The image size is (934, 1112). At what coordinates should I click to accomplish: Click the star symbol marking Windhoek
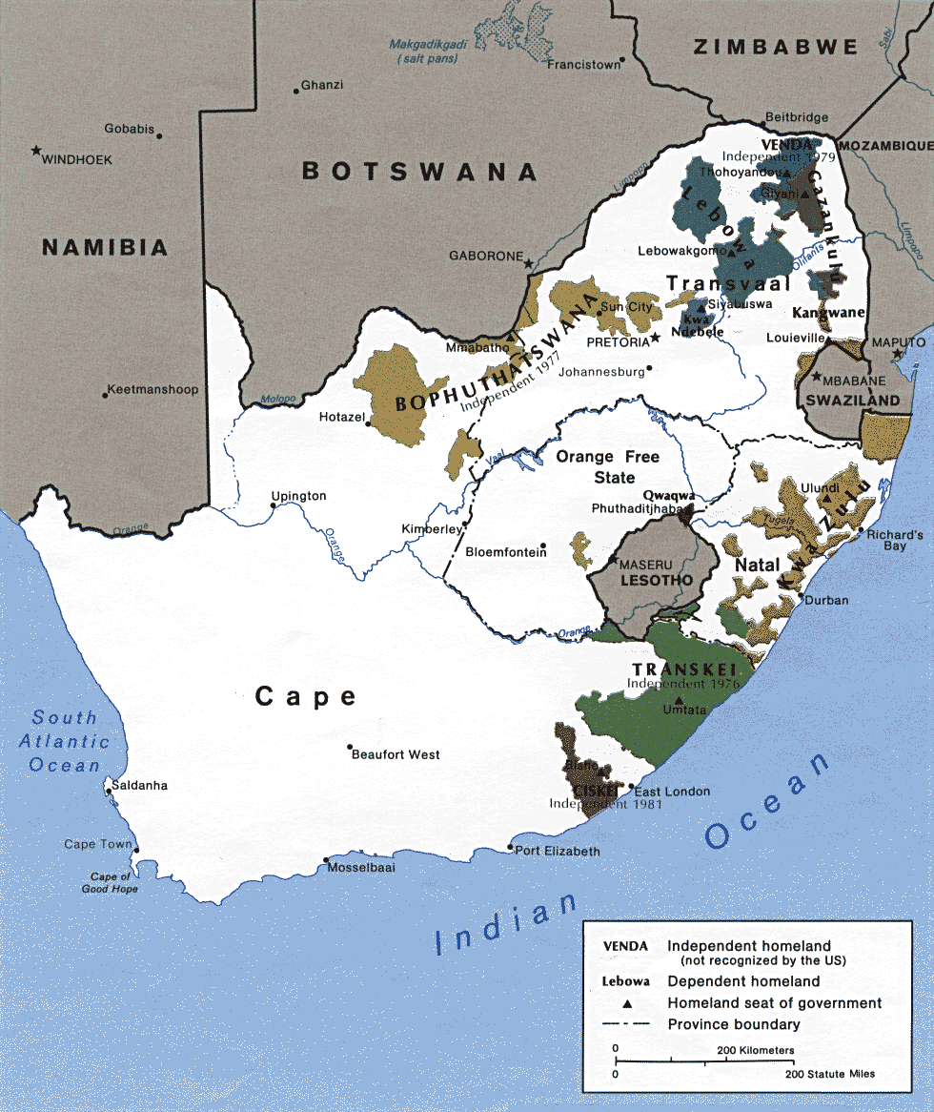pyautogui.click(x=36, y=151)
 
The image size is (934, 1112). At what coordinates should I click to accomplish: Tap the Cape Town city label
pyautogui.click(x=98, y=844)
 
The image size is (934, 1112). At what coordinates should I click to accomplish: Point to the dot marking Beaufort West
pyautogui.click(x=350, y=747)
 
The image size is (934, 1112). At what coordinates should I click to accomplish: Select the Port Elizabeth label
pyautogui.click(x=558, y=851)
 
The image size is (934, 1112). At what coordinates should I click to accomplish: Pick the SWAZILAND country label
pyautogui.click(x=852, y=401)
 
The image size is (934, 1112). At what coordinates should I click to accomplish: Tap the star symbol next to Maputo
pyautogui.click(x=897, y=355)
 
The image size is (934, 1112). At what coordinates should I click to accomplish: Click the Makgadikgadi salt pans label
pyautogui.click(x=429, y=51)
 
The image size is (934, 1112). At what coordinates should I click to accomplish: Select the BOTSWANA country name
pyautogui.click(x=419, y=172)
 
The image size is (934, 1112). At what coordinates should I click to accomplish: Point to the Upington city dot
pyautogui.click(x=274, y=507)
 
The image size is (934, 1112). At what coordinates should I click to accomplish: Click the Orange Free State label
pyautogui.click(x=608, y=465)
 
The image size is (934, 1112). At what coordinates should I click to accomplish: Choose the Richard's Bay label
pyautogui.click(x=894, y=542)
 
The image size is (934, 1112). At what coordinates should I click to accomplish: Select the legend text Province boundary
pyautogui.click(x=734, y=1024)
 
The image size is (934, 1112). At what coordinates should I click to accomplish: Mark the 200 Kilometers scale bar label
pyautogui.click(x=755, y=1050)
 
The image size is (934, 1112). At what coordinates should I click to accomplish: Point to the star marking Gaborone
pyautogui.click(x=529, y=262)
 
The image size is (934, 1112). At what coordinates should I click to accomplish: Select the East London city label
pyautogui.click(x=672, y=792)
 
